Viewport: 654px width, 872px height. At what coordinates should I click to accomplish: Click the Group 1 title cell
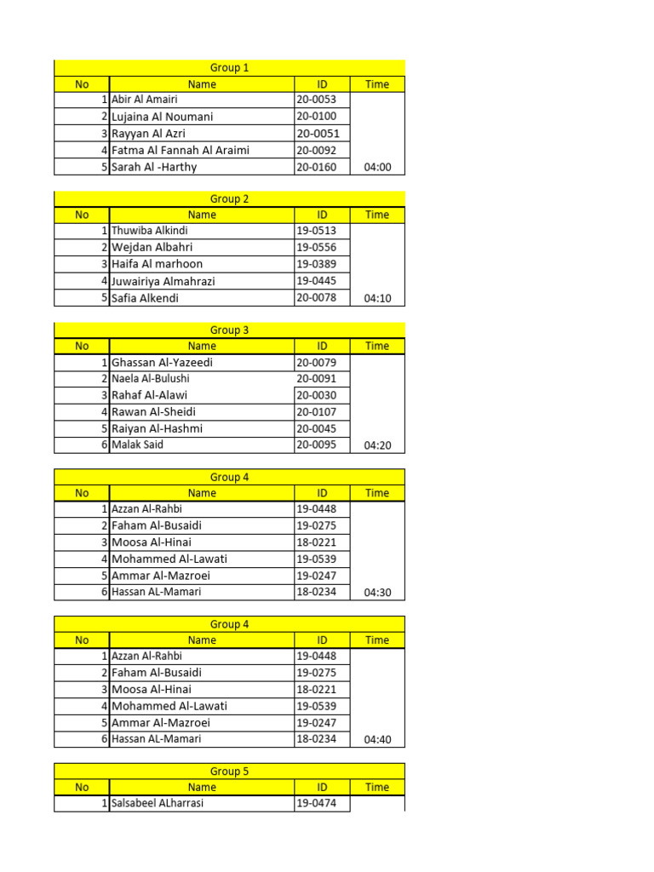[x=229, y=68]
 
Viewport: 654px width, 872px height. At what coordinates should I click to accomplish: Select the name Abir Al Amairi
[x=145, y=100]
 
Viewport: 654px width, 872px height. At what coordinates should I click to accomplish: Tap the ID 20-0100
[x=316, y=117]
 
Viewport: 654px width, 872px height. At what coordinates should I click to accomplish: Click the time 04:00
[x=377, y=167]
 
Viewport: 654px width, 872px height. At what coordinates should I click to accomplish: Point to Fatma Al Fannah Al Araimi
[x=181, y=150]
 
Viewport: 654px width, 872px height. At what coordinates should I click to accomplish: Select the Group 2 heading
[x=229, y=199]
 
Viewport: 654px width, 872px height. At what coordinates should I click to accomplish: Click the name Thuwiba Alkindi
[x=150, y=231]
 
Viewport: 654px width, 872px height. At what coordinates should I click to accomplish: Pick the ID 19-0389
[x=316, y=264]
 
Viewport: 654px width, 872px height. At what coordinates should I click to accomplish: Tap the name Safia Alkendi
[x=146, y=298]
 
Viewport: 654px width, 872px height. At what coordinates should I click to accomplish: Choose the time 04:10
[x=377, y=299]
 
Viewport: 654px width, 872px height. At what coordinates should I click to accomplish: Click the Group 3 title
[x=229, y=330]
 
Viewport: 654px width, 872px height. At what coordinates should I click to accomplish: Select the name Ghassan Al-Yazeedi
[x=163, y=363]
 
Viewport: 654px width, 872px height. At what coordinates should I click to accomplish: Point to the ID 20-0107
[x=316, y=412]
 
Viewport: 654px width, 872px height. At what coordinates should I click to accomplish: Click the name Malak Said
[x=137, y=445]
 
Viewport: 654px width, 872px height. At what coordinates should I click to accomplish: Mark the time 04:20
[x=377, y=445]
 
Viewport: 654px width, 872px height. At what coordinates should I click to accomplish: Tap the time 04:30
[x=377, y=593]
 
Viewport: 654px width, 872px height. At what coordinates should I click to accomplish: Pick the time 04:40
[x=377, y=740]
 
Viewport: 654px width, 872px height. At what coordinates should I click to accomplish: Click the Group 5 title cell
[x=229, y=772]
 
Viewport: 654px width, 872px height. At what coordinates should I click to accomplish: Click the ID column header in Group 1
[x=322, y=84]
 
